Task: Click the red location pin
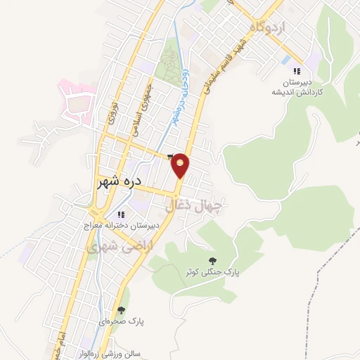pos(181,165)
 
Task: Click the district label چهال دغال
pos(194,205)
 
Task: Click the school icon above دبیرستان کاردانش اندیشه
pos(296,71)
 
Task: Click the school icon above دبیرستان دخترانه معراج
pos(121,214)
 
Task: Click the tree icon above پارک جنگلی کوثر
pos(213,261)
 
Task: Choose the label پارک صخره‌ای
pos(122,321)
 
